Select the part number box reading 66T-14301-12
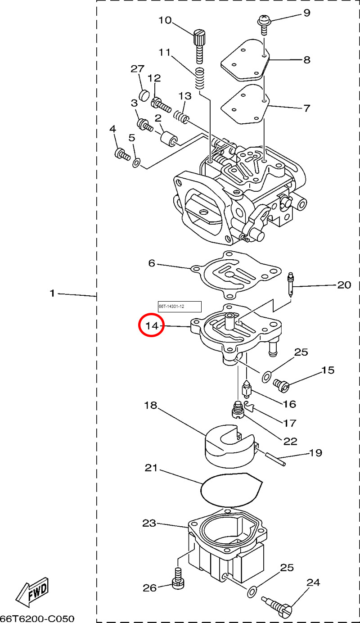[x=180, y=307]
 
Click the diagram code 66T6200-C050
[x=37, y=618]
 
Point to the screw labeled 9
[x=263, y=23]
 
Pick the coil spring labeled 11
[x=201, y=78]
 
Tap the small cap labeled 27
[x=144, y=95]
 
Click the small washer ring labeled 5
[x=136, y=162]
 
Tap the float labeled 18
[x=229, y=446]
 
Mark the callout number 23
[x=149, y=523]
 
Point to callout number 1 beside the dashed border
[x=52, y=293]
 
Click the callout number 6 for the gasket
[x=151, y=262]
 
